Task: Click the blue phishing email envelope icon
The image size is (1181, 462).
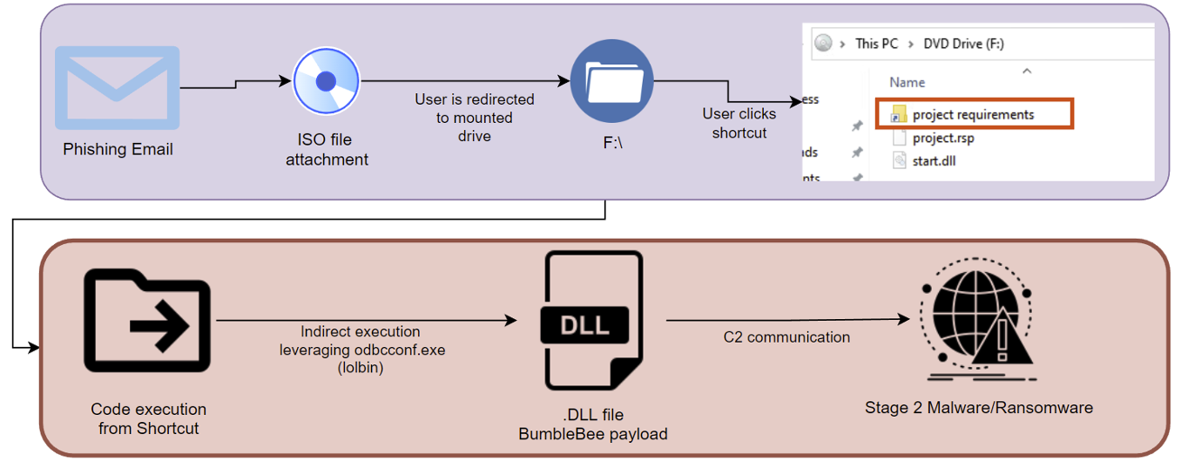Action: pyautogui.click(x=118, y=88)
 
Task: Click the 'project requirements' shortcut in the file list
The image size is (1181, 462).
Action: pyautogui.click(x=972, y=115)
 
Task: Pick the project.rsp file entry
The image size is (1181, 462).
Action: pyautogui.click(x=942, y=138)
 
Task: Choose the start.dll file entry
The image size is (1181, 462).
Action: pyautogui.click(x=935, y=160)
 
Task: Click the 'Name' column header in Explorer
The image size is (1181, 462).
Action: pyautogui.click(x=907, y=82)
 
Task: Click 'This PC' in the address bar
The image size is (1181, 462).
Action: pyautogui.click(x=879, y=44)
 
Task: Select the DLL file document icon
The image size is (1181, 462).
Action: pyautogui.click(x=593, y=321)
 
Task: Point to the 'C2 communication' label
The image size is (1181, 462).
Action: pyautogui.click(x=786, y=337)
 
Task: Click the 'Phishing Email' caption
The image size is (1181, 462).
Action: pyautogui.click(x=118, y=150)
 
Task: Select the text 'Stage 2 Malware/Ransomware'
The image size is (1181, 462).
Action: pyautogui.click(x=978, y=407)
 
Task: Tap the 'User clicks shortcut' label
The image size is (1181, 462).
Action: pyautogui.click(x=739, y=123)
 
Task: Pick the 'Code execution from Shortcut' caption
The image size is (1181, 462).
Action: pyautogui.click(x=148, y=418)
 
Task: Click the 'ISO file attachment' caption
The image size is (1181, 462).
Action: pyautogui.click(x=327, y=149)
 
